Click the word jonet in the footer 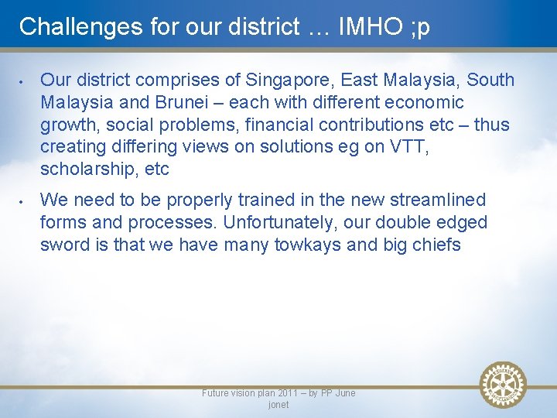coord(278,405)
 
